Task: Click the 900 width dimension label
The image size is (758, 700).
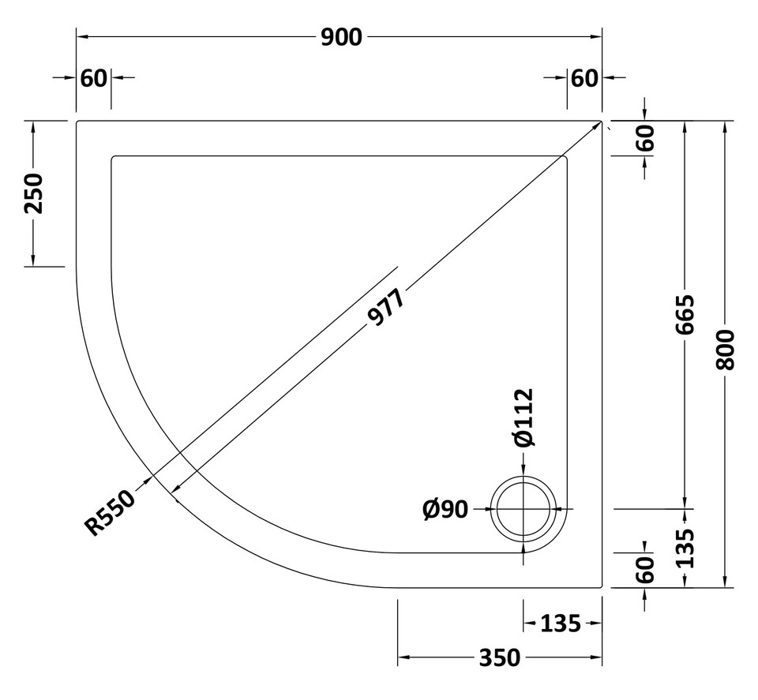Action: [341, 37]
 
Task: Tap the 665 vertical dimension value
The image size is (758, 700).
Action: [685, 314]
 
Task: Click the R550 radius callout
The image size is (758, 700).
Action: [111, 513]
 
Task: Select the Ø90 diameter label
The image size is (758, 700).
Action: [445, 510]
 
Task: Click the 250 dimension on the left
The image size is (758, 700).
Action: [33, 193]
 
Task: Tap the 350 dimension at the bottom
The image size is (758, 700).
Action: [499, 657]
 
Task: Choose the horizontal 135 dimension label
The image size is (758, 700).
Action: [561, 624]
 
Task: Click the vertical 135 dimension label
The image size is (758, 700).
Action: [685, 548]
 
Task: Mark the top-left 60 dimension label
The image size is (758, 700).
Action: [93, 78]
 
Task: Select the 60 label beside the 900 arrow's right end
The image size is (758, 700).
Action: [584, 78]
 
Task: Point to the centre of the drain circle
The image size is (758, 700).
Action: [525, 510]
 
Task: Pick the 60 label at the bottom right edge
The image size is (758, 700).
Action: [645, 568]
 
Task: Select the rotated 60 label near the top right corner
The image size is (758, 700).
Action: [645, 139]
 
